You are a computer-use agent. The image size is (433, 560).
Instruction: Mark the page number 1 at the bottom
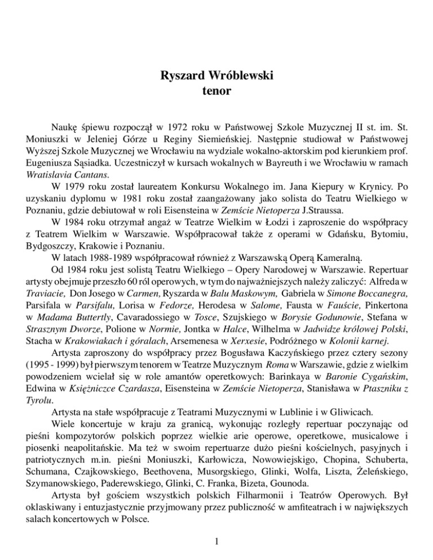point(216,541)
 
